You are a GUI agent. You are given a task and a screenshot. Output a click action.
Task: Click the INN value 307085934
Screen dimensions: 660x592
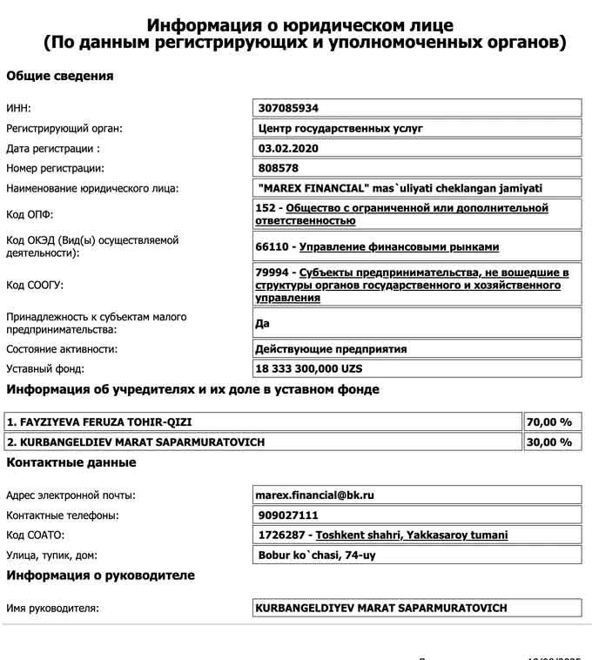tap(289, 108)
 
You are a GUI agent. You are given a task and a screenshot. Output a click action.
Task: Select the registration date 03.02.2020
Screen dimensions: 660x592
tap(289, 148)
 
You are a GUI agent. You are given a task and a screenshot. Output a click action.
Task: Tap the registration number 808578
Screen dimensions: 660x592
tap(279, 168)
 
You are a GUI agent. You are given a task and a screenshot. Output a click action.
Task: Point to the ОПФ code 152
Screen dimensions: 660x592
tap(268, 208)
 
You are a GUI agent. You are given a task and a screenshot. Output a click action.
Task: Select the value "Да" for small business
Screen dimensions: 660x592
tap(263, 323)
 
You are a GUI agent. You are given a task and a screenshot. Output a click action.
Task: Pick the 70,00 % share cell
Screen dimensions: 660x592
tap(549, 422)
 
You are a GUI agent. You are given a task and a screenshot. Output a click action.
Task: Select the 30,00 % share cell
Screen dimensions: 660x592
tap(549, 442)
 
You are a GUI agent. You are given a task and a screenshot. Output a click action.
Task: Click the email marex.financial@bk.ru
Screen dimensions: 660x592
tap(314, 495)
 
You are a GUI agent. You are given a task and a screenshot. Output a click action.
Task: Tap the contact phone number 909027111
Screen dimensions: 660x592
tap(289, 515)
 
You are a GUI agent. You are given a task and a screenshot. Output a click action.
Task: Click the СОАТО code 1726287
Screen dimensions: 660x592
tap(284, 535)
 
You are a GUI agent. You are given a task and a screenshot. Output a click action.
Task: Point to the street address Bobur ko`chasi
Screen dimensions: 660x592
tap(318, 555)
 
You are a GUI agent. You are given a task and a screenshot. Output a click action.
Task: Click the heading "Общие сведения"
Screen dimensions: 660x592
tap(60, 76)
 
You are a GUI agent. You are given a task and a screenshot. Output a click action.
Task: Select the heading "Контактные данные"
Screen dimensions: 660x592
tap(71, 462)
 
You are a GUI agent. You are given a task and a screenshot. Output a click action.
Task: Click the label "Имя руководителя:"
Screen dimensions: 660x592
tap(52, 608)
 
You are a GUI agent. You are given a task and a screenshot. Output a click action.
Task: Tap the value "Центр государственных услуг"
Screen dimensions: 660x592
tap(340, 128)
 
